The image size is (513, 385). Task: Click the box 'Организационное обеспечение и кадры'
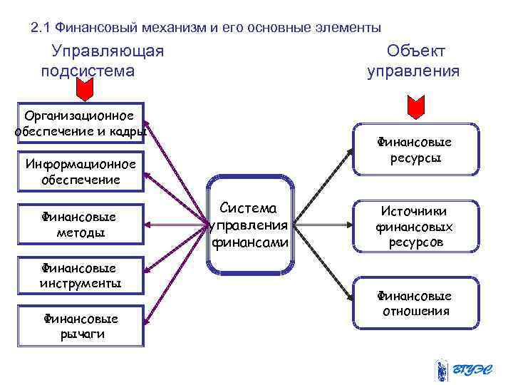pyautogui.click(x=80, y=123)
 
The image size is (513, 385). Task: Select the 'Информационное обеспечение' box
pyautogui.click(x=80, y=172)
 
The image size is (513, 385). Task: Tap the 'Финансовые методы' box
pyautogui.click(x=80, y=224)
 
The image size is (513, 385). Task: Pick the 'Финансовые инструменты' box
pyautogui.click(x=80, y=275)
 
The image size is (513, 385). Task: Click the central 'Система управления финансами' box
pyautogui.click(x=249, y=225)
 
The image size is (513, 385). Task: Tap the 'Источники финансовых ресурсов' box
pyautogui.click(x=415, y=227)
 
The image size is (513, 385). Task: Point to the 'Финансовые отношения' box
pyautogui.click(x=415, y=304)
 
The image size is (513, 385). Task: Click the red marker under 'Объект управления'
pyautogui.click(x=415, y=107)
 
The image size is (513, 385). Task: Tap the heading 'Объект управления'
pyautogui.click(x=414, y=61)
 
